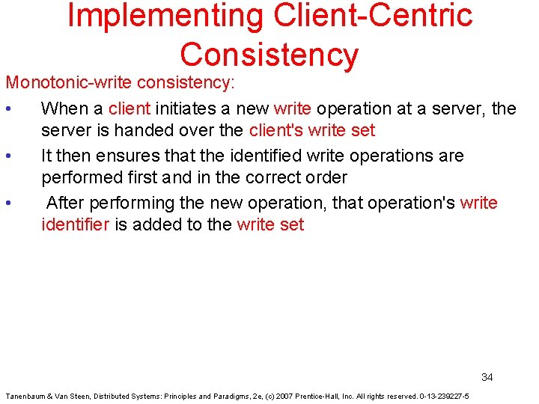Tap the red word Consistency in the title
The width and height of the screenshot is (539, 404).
click(x=269, y=55)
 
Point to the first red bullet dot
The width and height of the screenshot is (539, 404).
click(x=7, y=109)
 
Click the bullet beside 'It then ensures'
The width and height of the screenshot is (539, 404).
click(x=7, y=156)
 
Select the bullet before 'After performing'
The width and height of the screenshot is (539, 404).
click(x=7, y=203)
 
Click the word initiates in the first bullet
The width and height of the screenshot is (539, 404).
click(x=184, y=108)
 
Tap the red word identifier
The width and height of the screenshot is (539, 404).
click(x=75, y=224)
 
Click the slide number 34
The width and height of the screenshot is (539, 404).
click(x=487, y=377)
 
